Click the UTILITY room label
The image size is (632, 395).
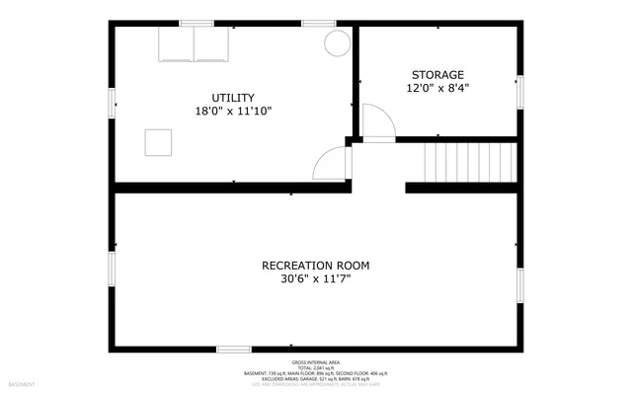tap(234, 97)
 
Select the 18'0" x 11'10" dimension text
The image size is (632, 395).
tap(234, 111)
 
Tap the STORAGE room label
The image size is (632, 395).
tap(437, 74)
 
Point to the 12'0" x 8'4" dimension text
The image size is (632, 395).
tap(437, 88)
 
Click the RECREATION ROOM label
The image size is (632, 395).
tap(315, 265)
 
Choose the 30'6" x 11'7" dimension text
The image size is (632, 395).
tap(315, 278)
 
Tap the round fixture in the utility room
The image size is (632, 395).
tap(337, 42)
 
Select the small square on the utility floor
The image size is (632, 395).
tap(158, 142)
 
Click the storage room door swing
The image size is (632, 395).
tap(377, 121)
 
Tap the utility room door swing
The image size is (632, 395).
tap(332, 163)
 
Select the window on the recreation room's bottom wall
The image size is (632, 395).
tap(233, 349)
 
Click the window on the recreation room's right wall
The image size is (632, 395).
tap(519, 283)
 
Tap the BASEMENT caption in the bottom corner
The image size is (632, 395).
tap(22, 383)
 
